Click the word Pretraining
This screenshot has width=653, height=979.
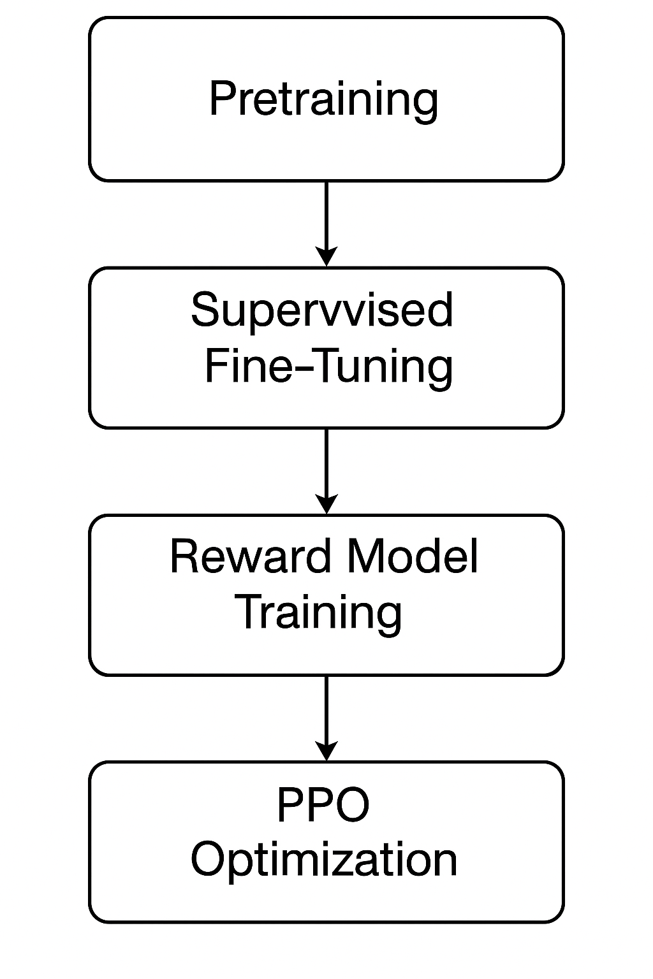[x=323, y=99]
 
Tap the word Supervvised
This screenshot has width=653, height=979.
[x=322, y=310]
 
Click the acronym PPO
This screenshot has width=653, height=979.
[x=323, y=805]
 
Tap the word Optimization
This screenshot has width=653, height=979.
[x=324, y=860]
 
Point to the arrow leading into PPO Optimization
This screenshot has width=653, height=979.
[x=326, y=714]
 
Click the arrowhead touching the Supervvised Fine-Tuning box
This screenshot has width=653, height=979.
[x=326, y=256]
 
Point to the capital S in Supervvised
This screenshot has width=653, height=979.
[x=205, y=310]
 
